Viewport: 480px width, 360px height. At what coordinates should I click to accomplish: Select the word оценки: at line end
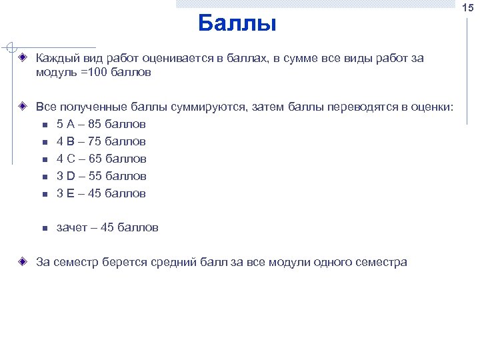click(431, 107)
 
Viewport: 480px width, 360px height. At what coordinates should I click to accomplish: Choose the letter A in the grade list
click(71, 124)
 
